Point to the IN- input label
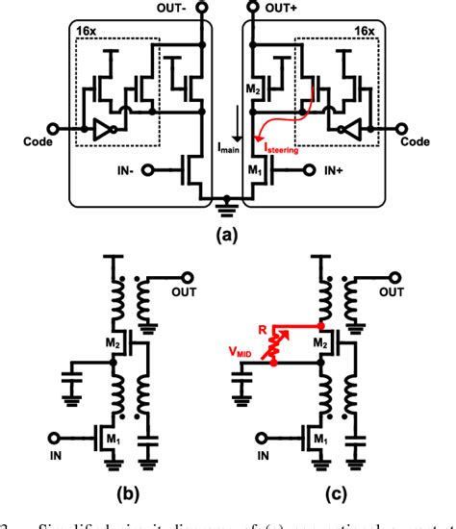pos(126,171)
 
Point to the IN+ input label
pos(333,171)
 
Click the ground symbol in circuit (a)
pos(228,203)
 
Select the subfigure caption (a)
pos(228,230)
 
